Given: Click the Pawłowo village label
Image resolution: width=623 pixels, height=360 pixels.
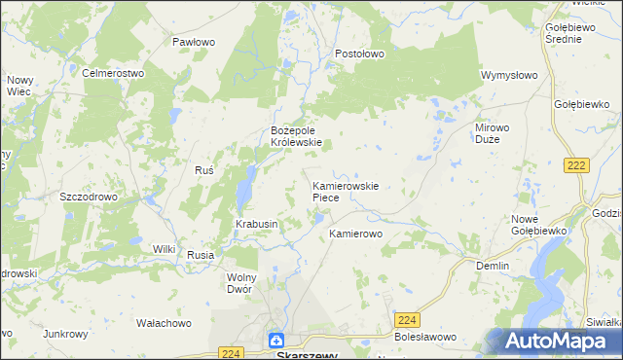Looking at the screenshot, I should (193, 42).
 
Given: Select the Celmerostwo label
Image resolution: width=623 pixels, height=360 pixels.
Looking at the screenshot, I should (113, 73).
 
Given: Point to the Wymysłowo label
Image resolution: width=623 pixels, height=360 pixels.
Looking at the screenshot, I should (509, 75).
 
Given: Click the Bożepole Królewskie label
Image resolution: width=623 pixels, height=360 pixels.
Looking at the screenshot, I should (296, 135).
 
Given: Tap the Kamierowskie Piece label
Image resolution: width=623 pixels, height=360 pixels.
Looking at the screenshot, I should (345, 191).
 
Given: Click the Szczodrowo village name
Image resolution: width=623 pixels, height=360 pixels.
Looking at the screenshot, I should (89, 196).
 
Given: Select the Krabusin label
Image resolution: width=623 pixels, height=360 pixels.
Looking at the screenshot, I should (257, 224).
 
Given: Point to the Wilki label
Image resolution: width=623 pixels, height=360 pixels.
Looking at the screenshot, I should (164, 249).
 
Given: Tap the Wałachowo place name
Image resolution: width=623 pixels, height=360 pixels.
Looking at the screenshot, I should (164, 322).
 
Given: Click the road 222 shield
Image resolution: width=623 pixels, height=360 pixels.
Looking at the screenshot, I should (575, 166).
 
